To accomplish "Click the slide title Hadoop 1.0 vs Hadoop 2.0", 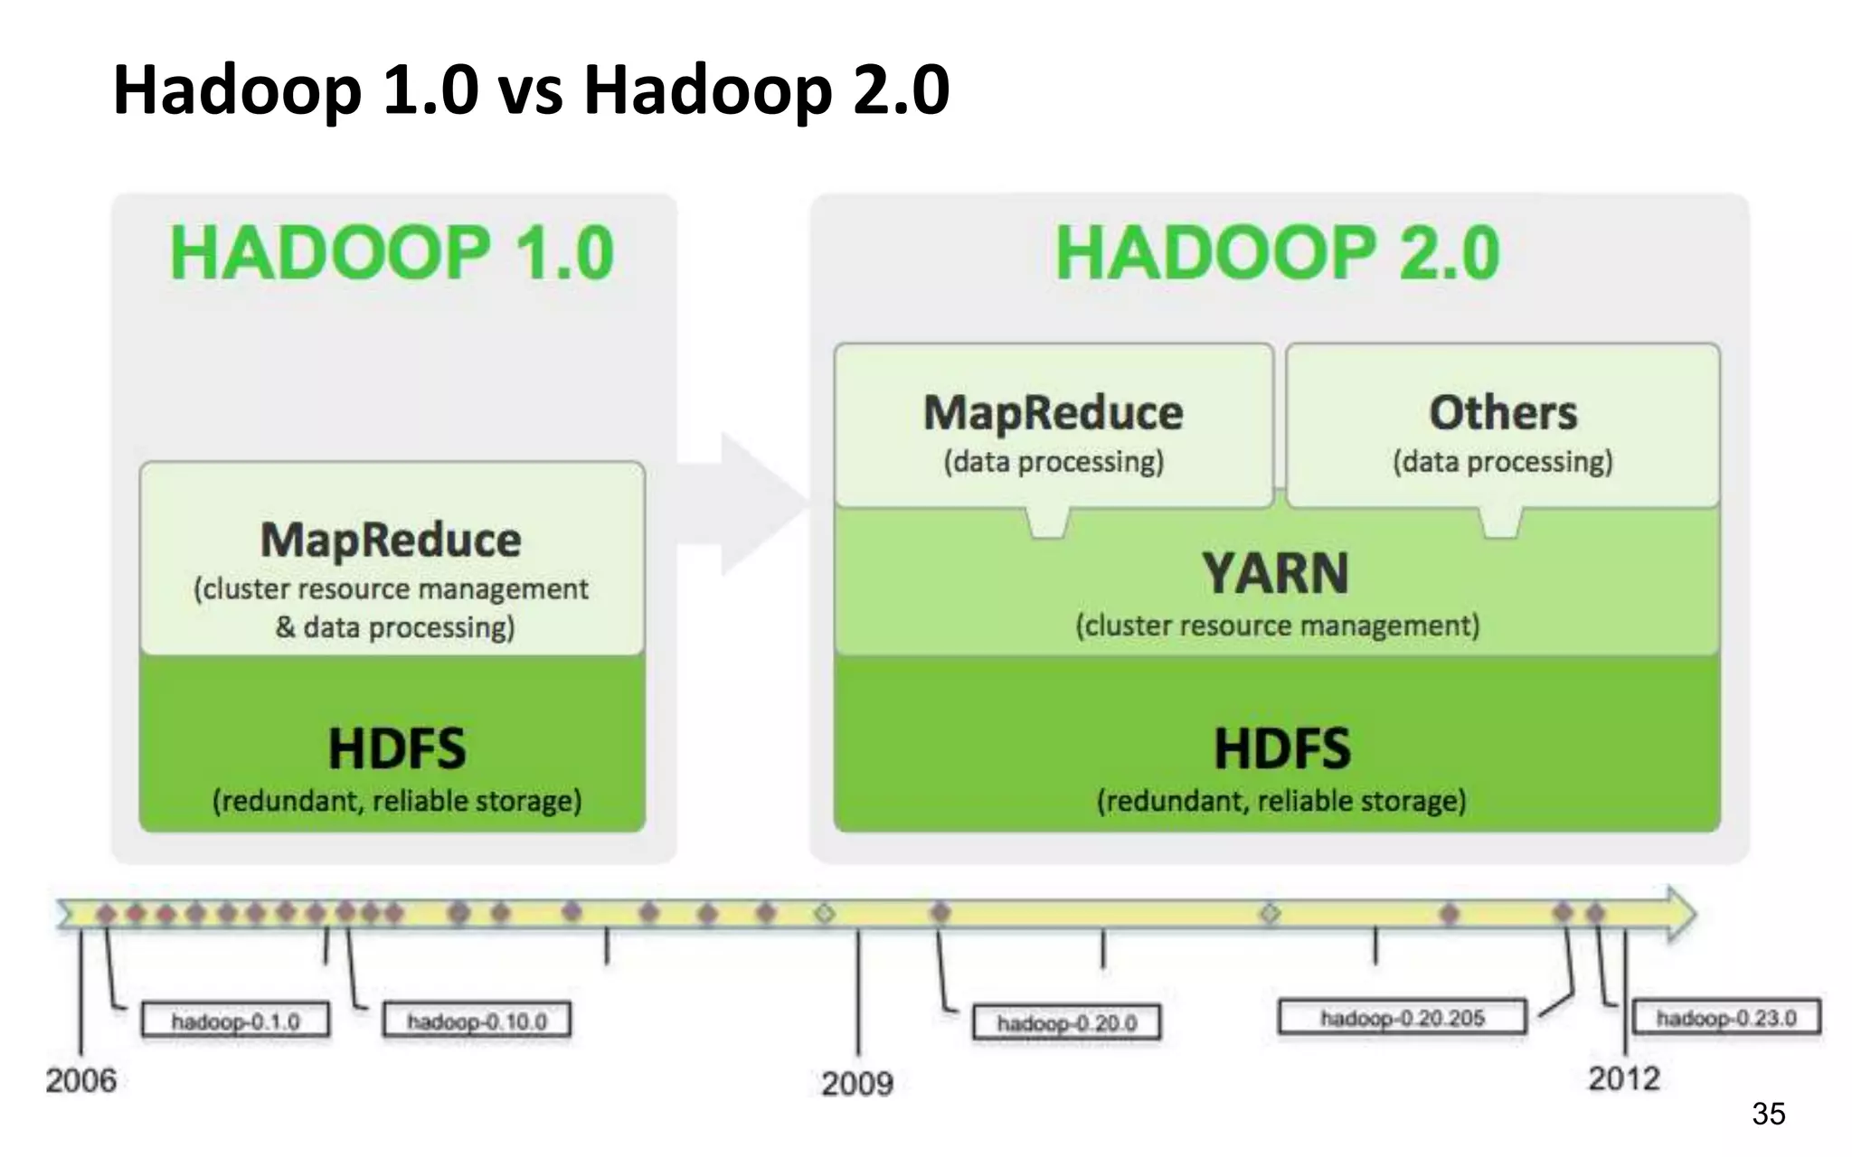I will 531,89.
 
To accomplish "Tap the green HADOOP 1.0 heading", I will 392,253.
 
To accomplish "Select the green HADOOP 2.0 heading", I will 1277,253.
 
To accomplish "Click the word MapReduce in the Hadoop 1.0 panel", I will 391,541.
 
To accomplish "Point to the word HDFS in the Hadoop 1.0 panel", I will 396,748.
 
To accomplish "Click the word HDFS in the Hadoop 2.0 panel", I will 1281,748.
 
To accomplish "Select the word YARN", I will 1275,573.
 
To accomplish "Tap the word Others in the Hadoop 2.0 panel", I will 1503,413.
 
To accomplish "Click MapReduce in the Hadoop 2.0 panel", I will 1053,413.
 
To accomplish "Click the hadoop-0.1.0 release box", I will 235,1021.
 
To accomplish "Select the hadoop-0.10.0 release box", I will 477,1021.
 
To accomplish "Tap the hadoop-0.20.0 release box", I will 1066,1023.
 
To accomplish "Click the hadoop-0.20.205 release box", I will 1402,1018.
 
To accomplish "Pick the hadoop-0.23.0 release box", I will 1725,1018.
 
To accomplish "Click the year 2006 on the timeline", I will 81,1080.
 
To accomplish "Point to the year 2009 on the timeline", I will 856,1083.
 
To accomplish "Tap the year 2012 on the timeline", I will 1624,1078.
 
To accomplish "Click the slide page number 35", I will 1768,1114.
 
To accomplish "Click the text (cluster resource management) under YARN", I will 1277,626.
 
